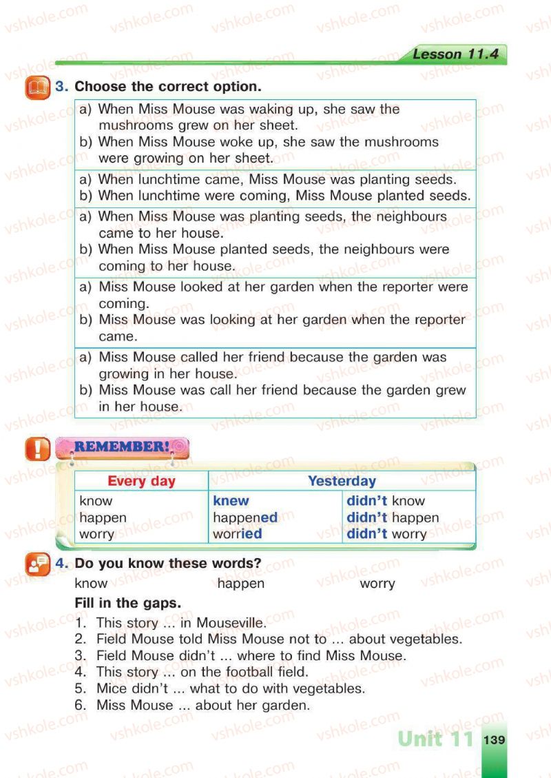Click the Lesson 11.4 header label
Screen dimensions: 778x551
(455, 54)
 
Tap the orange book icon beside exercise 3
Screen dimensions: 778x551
(37, 88)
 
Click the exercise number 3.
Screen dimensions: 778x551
(61, 87)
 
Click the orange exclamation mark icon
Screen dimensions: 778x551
(37, 450)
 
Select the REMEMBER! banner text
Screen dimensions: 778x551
(121, 447)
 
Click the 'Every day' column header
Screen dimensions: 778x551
(141, 481)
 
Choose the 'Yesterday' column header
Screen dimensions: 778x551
(342, 481)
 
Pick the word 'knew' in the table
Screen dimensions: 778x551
(231, 501)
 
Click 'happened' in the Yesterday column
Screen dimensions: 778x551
(245, 518)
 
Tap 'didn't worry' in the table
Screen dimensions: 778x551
(386, 534)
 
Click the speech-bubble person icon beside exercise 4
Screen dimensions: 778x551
(37, 564)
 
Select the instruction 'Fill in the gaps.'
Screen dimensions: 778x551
(127, 603)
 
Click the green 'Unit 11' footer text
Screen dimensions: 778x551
(436, 739)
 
